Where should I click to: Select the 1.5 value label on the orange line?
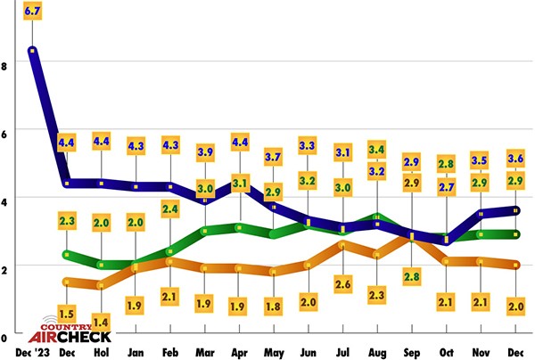coord(67,314)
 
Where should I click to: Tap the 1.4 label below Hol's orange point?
coord(101,322)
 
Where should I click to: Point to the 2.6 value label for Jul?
coord(342,283)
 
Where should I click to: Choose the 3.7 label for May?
coord(273,158)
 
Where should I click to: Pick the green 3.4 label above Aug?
coord(377,149)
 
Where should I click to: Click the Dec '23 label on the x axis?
coord(33,352)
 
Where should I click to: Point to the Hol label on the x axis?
coord(101,352)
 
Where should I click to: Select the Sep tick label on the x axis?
coord(412,352)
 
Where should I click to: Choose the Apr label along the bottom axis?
coord(238,352)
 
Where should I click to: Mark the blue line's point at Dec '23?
coord(33,51)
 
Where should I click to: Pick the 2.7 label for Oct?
coord(447,187)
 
